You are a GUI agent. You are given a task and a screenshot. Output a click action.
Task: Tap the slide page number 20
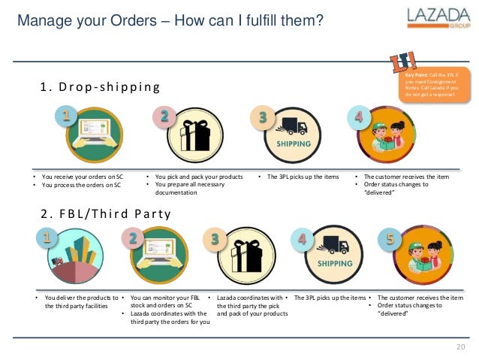tap(462, 346)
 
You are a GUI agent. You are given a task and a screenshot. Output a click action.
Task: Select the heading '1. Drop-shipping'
tap(100, 87)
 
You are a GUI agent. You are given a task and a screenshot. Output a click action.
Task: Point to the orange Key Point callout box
tap(432, 88)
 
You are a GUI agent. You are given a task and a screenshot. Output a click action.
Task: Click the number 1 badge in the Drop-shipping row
tap(65, 116)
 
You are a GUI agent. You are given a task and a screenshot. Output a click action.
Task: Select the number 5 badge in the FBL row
tap(390, 239)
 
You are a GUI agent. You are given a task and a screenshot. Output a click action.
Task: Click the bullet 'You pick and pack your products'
tap(198, 177)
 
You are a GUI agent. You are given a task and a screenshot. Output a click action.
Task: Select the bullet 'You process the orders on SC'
tap(81, 185)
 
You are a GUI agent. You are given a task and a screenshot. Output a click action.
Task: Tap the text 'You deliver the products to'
tap(81, 298)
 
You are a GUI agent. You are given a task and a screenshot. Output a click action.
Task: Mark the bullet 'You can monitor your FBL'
tap(165, 298)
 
